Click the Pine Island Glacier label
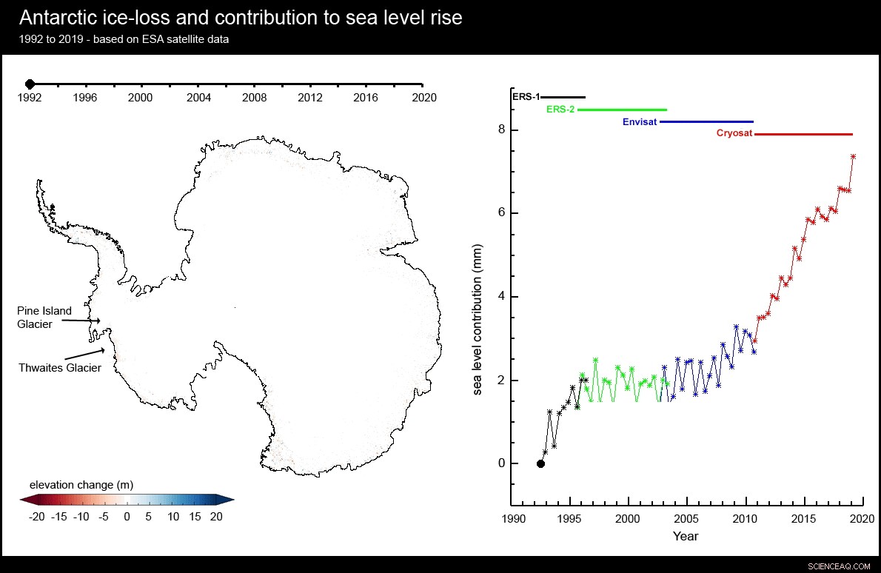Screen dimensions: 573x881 (44, 318)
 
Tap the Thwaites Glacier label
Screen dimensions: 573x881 (60, 368)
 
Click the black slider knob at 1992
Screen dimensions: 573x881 (30, 84)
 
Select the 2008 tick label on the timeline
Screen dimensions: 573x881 (254, 98)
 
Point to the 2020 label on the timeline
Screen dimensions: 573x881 (423, 98)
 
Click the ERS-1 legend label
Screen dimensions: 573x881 (526, 96)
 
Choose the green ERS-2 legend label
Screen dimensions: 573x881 (560, 110)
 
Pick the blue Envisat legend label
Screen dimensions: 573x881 (640, 121)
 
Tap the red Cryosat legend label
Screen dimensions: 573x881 (734, 134)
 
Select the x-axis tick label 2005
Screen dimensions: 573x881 (686, 519)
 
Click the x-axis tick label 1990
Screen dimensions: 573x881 (511, 519)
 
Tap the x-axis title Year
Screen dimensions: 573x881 (686, 536)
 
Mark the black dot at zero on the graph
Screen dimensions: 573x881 (540, 463)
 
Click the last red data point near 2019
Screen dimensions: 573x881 (853, 156)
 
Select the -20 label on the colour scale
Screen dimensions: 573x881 (36, 517)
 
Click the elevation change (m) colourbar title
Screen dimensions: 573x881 (81, 485)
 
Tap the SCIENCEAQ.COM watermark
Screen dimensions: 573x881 (840, 566)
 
